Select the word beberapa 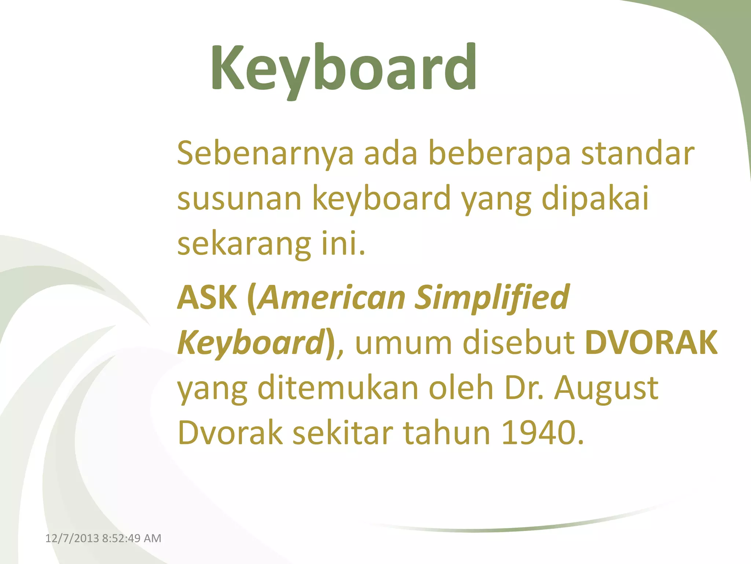[499, 153]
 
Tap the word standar [638, 153]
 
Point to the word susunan [239, 199]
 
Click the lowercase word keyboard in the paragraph [381, 199]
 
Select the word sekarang [244, 244]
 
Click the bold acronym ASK [207, 297]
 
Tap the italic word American [332, 297]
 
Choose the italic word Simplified [492, 297]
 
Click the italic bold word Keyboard [250, 343]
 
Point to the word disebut [519, 343]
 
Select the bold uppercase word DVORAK [651, 343]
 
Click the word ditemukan [338, 388]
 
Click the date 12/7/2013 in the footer [72, 538]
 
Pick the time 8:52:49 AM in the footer [132, 538]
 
